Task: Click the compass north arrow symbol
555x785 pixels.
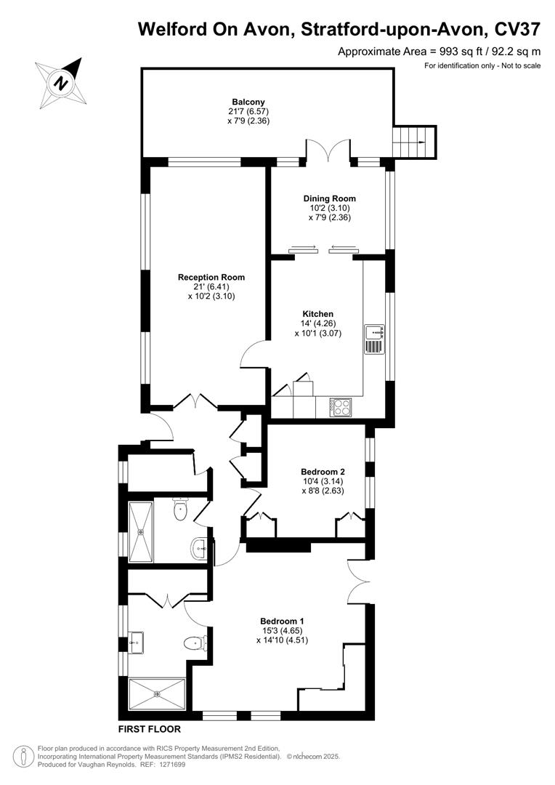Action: [61, 80]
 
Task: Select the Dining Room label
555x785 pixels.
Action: [329, 198]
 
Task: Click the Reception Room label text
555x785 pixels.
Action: [211, 277]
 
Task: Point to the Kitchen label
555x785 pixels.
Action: [317, 314]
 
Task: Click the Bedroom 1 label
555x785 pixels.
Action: [282, 621]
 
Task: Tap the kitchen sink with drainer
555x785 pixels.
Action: [375, 339]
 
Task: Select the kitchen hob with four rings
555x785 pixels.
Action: [341, 408]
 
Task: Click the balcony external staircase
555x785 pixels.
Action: [414, 142]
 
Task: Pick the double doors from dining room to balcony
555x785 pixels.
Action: [329, 151]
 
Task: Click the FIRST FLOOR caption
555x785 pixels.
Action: [149, 729]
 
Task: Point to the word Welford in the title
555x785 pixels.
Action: [171, 29]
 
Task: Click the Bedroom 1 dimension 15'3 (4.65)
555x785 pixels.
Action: [282, 631]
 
